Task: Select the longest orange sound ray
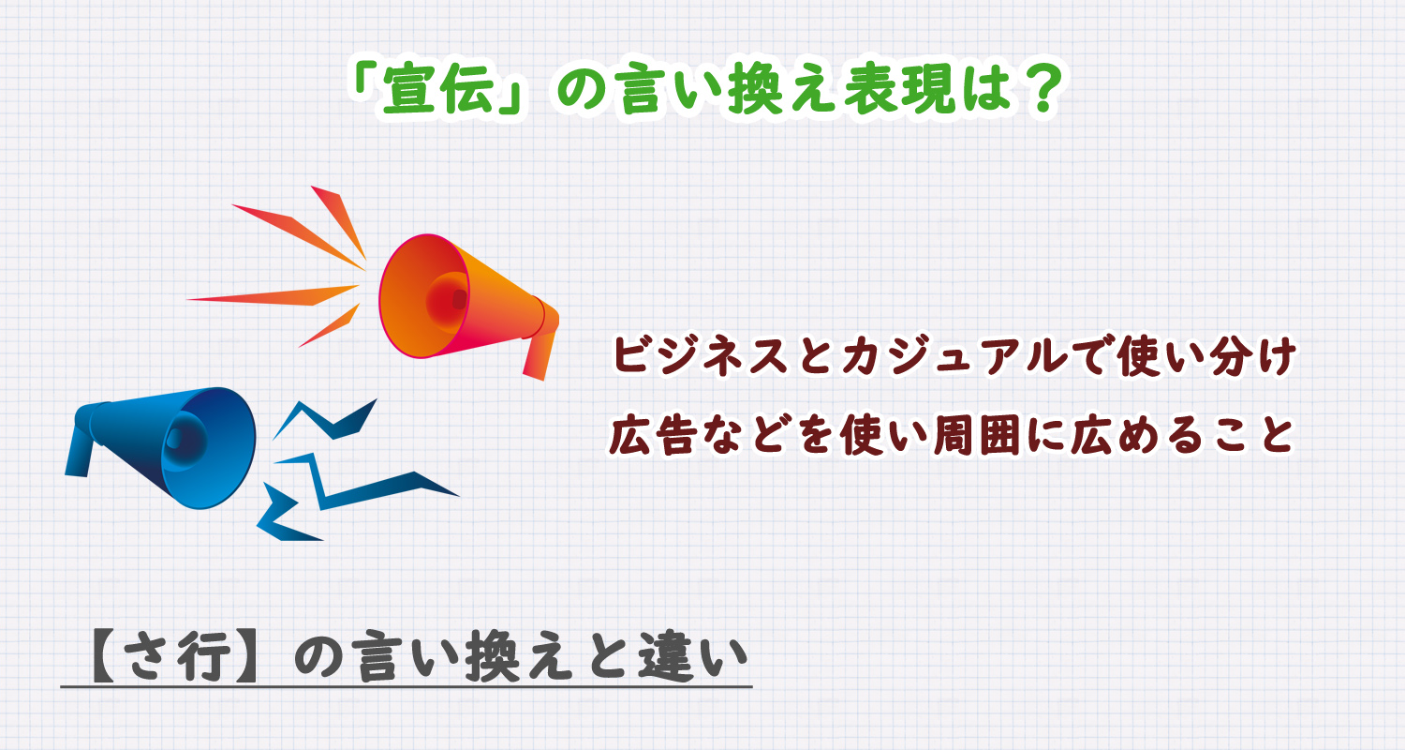[x=272, y=296]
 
